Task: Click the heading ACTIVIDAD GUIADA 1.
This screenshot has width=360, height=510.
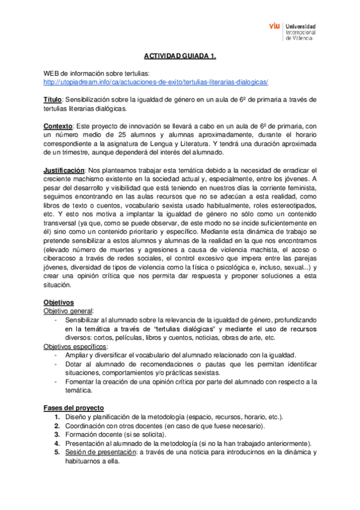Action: click(180, 56)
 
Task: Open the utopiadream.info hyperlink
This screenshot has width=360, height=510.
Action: click(156, 82)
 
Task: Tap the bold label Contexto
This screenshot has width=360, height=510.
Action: click(58, 126)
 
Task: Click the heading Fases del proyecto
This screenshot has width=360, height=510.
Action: click(74, 408)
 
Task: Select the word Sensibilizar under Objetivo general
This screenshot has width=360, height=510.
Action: click(84, 319)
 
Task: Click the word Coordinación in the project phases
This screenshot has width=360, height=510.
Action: click(86, 426)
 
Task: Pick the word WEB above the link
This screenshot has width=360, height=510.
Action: click(52, 73)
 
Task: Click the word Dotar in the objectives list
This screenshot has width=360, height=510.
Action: click(73, 364)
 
